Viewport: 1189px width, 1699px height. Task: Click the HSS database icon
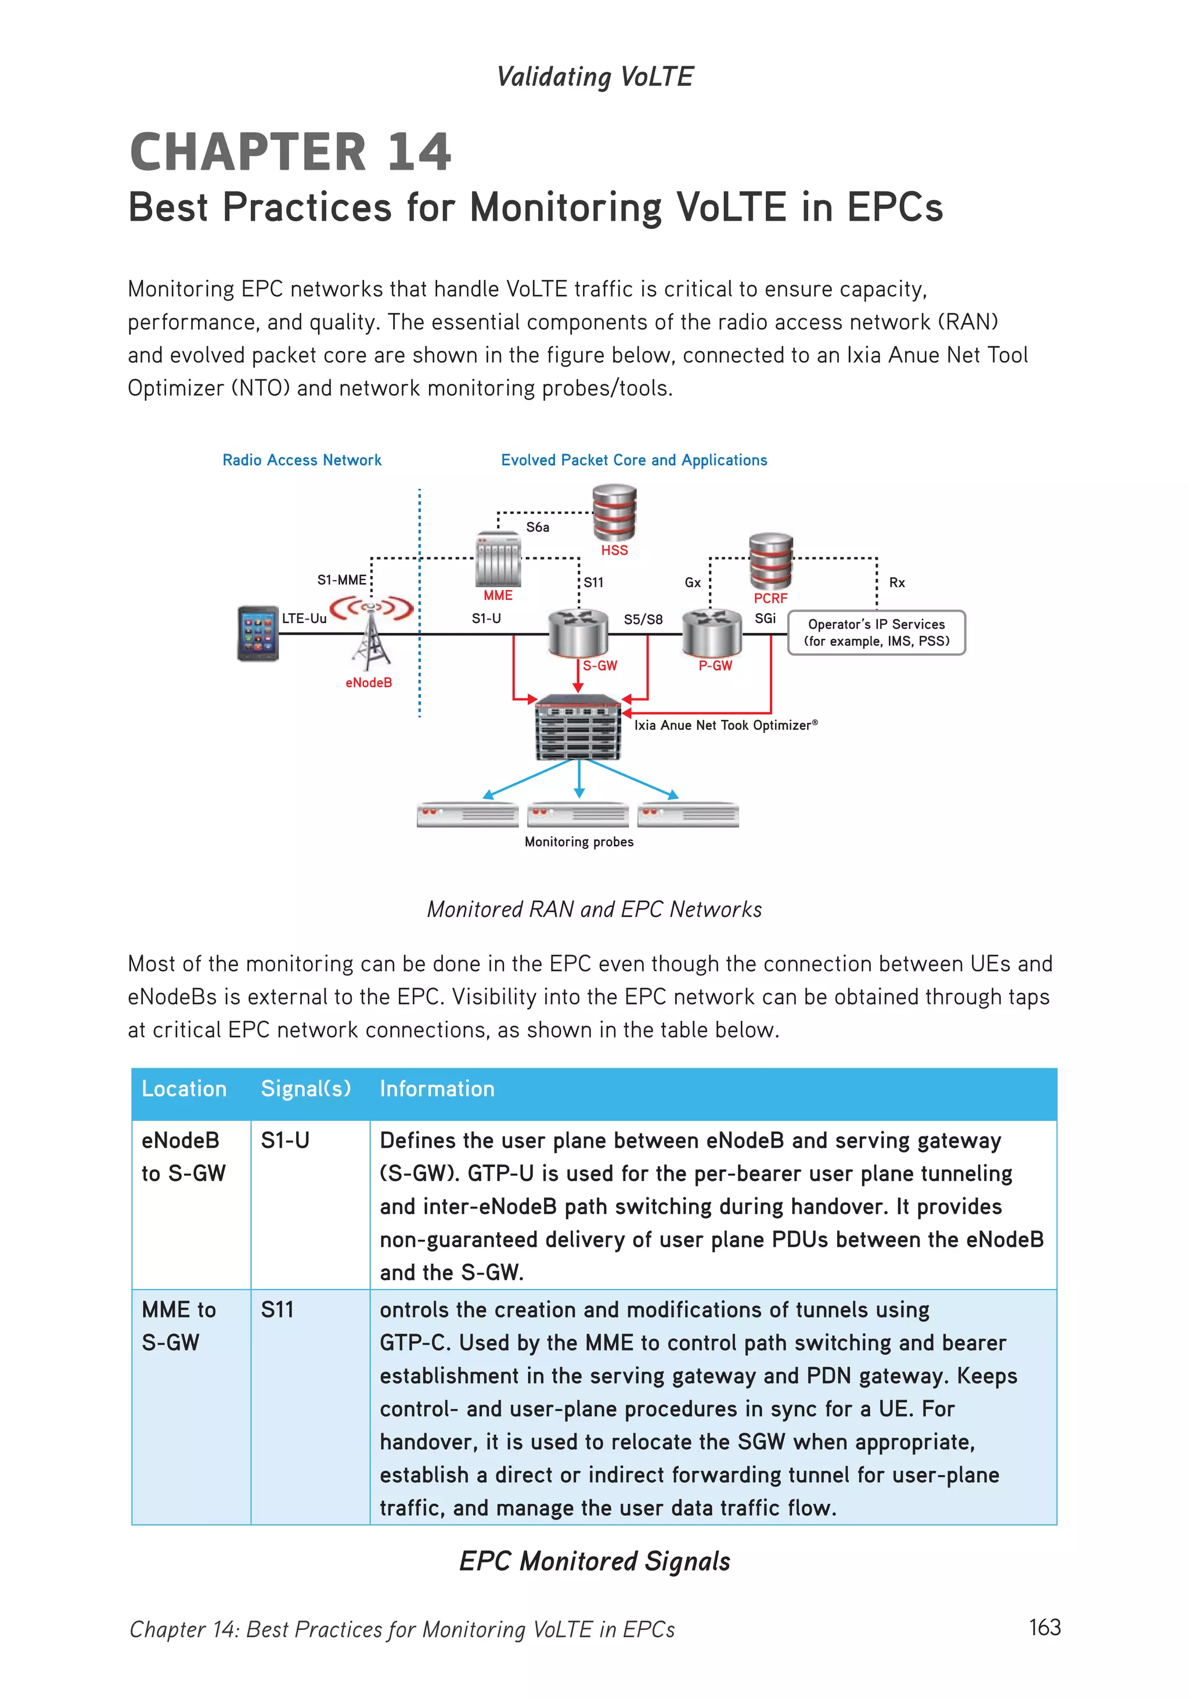pos(614,512)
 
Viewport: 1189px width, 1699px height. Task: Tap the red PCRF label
pos(770,598)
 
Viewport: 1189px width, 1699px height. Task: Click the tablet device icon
pos(257,633)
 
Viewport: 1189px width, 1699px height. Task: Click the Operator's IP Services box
pos(877,633)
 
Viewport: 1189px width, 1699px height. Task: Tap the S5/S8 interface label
pos(643,620)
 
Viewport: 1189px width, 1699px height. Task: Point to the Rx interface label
pos(897,582)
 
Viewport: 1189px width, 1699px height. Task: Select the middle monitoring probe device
pos(578,815)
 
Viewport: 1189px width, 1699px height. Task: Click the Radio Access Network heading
pos(302,460)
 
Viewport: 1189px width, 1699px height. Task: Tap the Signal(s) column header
pos(305,1089)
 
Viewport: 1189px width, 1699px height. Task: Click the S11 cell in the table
pos(278,1310)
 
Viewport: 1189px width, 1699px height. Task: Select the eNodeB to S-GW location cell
pos(183,1157)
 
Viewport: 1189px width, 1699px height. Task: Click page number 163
pos(1044,1627)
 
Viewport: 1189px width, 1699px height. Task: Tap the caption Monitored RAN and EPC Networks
pos(594,909)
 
